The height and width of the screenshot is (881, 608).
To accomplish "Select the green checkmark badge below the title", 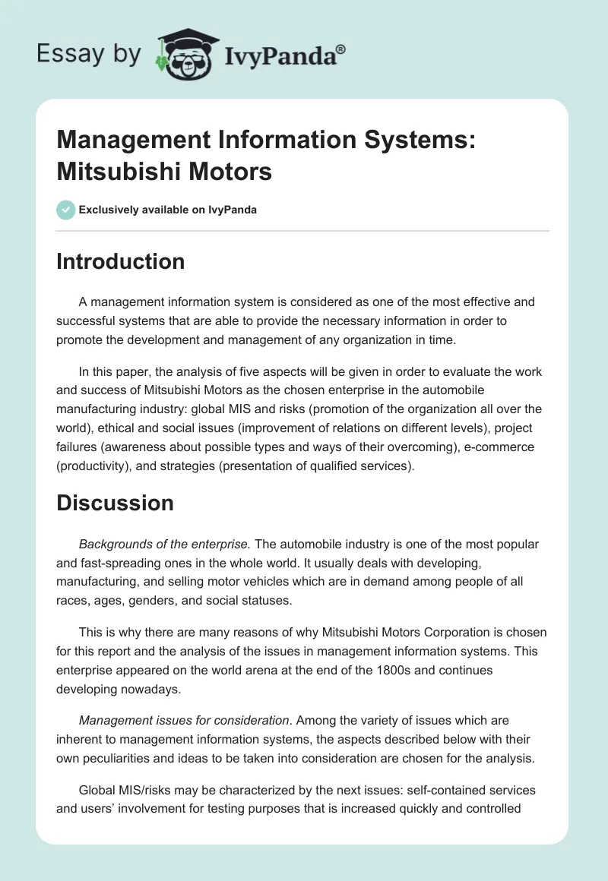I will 66,210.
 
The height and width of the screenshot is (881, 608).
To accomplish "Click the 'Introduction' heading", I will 120,261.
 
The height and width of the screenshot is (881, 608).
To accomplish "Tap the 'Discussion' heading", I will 115,503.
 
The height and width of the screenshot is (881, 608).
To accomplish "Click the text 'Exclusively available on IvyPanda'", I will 168,210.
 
